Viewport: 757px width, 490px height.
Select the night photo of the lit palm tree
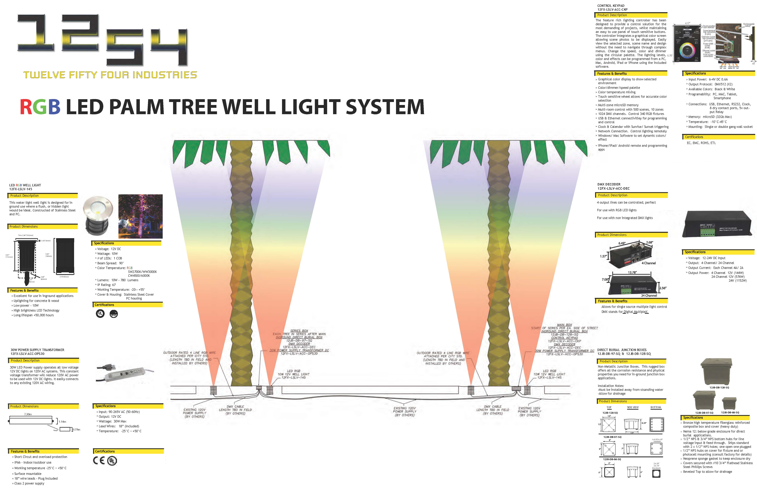click(140, 216)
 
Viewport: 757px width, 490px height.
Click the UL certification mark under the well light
click(100, 314)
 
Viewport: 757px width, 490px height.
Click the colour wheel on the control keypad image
click(687, 50)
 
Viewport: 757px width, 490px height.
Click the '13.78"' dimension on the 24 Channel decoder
click(632, 272)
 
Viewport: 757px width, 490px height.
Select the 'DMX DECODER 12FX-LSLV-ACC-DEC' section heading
click(613, 186)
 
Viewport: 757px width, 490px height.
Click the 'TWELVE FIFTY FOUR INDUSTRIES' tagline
click(110, 75)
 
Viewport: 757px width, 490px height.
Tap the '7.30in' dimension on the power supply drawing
click(28, 414)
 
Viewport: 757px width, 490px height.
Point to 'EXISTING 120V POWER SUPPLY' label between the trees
click(404, 411)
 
